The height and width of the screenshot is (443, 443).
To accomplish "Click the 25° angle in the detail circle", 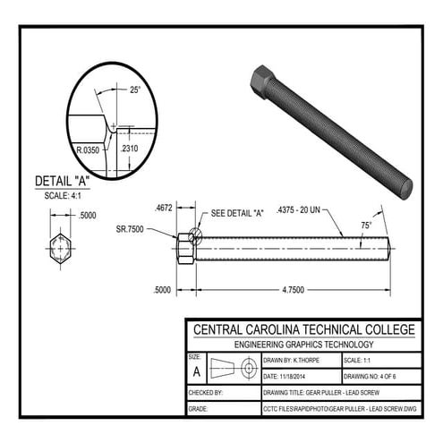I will (x=134, y=90).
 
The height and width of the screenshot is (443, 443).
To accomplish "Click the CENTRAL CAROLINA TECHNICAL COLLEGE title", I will (x=304, y=328).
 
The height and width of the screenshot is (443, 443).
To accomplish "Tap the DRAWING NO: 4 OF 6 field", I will (x=378, y=376).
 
